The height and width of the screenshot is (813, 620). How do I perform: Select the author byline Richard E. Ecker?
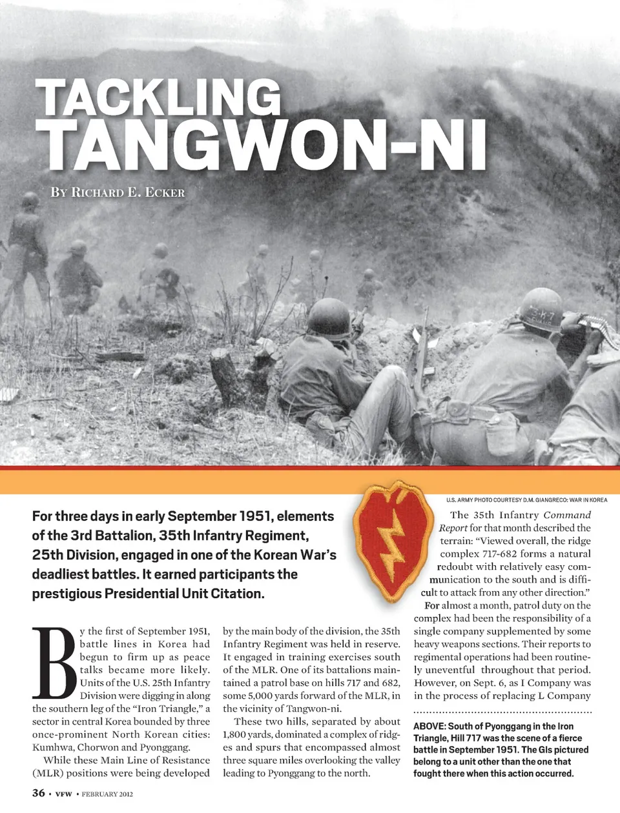pos(118,192)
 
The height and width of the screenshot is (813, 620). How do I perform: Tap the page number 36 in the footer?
pos(39,793)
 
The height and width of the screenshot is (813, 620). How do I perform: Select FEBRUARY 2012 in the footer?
pos(107,794)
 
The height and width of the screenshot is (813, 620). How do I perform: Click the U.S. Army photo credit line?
pos(526,500)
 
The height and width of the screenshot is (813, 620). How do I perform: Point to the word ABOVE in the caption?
pos(429,727)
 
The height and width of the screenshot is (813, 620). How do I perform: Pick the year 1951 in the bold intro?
pos(262,516)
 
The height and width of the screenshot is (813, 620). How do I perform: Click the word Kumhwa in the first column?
pos(51,747)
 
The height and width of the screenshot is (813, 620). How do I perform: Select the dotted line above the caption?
pos(502,712)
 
